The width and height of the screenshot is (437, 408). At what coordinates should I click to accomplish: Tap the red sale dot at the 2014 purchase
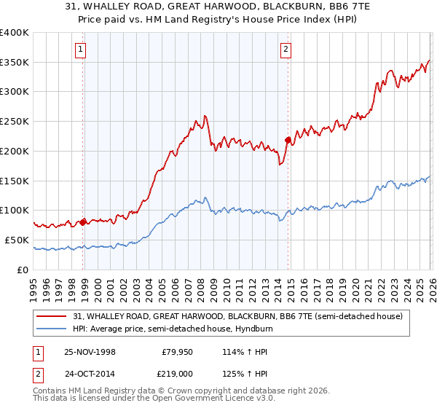click(x=288, y=139)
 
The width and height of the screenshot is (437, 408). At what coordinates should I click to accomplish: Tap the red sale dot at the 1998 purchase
click(x=83, y=221)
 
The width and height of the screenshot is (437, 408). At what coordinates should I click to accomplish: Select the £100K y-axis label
click(x=15, y=211)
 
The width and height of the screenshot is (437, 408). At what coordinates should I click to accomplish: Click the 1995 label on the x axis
click(x=34, y=288)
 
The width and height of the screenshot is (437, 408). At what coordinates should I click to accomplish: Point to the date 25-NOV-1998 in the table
click(x=90, y=352)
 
